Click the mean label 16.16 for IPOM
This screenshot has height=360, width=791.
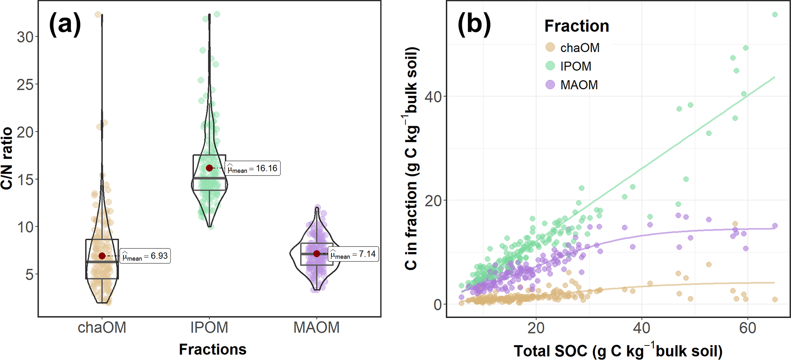(x=253, y=168)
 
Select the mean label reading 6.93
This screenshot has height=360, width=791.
(x=145, y=256)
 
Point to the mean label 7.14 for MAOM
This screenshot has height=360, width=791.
(x=354, y=254)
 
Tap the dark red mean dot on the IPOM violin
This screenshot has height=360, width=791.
(x=209, y=168)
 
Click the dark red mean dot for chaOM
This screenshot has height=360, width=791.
(x=102, y=256)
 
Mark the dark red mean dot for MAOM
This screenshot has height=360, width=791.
(x=316, y=254)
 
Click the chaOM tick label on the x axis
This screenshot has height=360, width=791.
(x=102, y=327)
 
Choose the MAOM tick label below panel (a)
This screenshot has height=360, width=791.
(x=316, y=327)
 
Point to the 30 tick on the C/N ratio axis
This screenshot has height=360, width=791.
(x=25, y=37)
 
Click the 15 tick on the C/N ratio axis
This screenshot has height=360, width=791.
(x=25, y=179)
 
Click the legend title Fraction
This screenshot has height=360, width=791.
(x=577, y=26)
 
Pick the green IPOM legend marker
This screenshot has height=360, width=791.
(x=550, y=66)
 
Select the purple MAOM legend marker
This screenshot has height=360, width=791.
(x=550, y=85)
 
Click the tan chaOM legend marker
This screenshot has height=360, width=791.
(x=550, y=47)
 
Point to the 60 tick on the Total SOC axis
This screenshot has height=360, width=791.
(x=747, y=328)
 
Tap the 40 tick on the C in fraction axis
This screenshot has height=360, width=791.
(x=433, y=97)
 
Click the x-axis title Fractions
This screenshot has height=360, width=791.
(x=213, y=349)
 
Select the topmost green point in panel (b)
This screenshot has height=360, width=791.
(x=775, y=15)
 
